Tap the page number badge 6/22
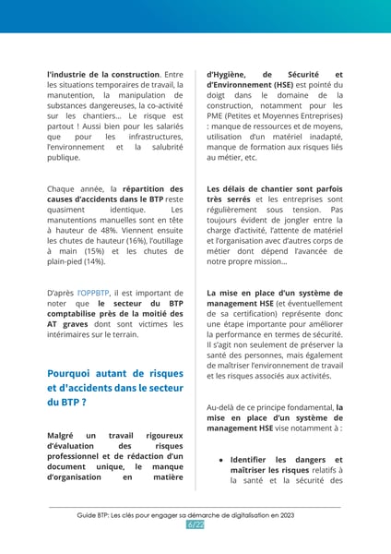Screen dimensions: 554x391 195,524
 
